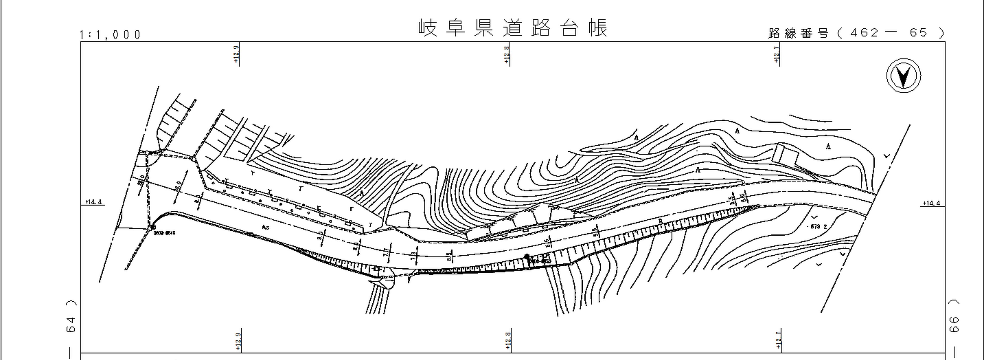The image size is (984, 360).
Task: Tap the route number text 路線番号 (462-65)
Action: click(x=856, y=33)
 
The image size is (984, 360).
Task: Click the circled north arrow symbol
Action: click(x=903, y=76)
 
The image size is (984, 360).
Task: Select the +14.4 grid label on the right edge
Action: click(x=932, y=203)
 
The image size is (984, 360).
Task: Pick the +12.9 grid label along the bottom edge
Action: click(x=238, y=341)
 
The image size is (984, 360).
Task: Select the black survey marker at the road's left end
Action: click(x=153, y=227)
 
